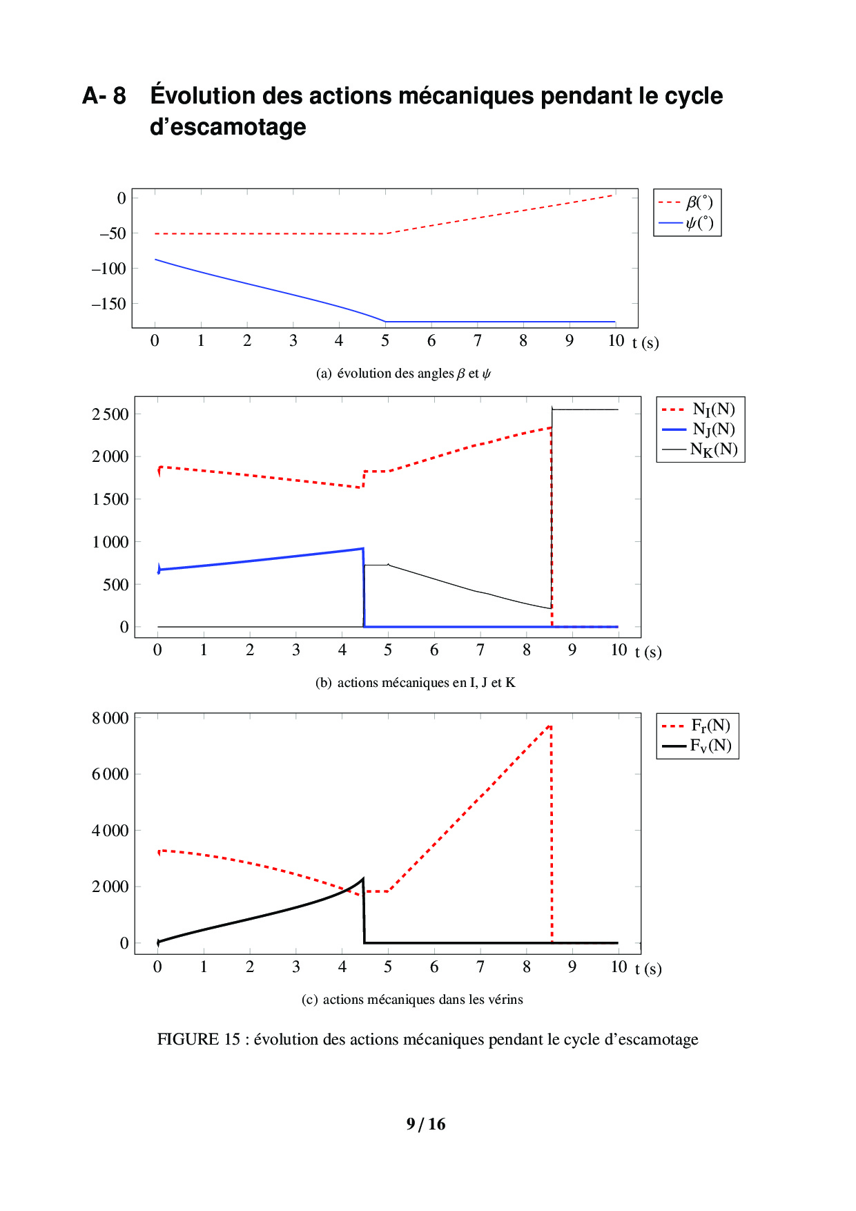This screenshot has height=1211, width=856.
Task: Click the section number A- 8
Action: pos(104,96)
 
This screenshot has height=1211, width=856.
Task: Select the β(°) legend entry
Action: pos(699,202)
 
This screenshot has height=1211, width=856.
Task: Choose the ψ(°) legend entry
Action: pos(699,223)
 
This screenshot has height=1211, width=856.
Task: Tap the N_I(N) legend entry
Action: pos(713,409)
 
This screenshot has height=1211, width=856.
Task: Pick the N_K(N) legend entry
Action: pos(713,449)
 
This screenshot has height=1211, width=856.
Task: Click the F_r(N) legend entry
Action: pos(710,726)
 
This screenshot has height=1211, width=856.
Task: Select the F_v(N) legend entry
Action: pos(710,746)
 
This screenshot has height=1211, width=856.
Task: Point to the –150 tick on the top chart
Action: pos(109,304)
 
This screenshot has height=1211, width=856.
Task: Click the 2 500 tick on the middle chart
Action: pos(110,414)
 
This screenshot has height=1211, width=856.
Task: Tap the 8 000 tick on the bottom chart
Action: pos(110,718)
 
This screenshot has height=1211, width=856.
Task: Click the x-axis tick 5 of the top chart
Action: pos(385,340)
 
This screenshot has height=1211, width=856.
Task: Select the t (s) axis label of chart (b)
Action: pos(648,652)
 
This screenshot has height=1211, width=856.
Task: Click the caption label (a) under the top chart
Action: pos(324,374)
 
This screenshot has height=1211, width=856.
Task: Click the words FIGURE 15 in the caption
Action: pos(199,1039)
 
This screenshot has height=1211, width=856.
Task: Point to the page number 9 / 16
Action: pos(426,1124)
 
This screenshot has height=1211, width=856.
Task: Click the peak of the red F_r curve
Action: pos(549,726)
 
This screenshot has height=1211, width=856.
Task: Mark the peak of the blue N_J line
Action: pos(362,549)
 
